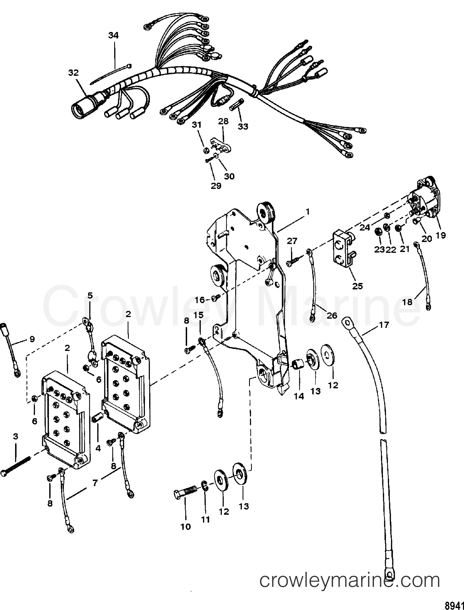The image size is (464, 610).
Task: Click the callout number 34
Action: click(x=113, y=35)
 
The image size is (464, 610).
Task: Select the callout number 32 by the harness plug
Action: click(x=73, y=73)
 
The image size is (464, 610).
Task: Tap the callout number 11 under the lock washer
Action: click(x=205, y=519)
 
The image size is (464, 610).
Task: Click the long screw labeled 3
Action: click(x=17, y=467)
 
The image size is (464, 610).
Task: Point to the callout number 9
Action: click(x=32, y=339)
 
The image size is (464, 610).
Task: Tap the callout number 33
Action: click(x=244, y=126)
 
